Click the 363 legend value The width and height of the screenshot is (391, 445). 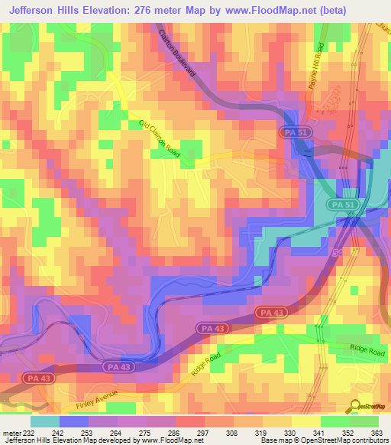[x=376, y=433]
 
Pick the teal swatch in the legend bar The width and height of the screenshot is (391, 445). [x=45, y=421]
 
